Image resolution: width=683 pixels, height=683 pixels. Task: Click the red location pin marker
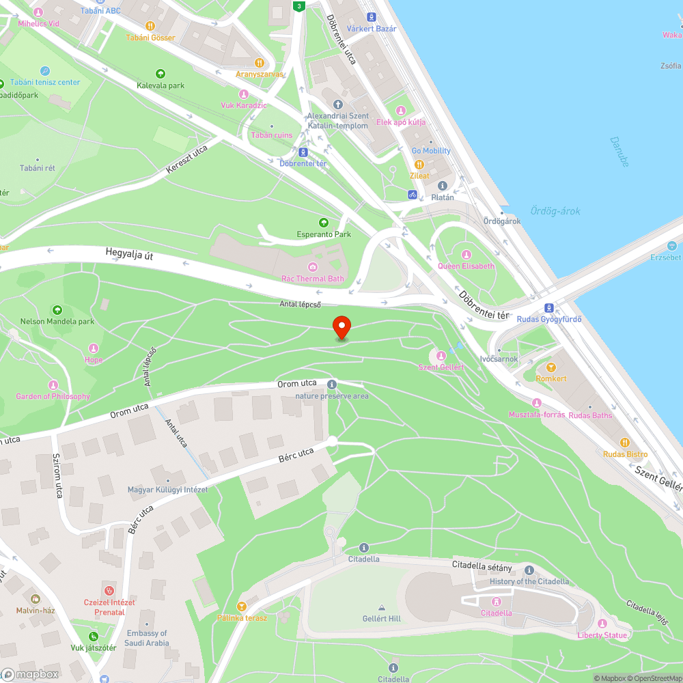coord(341,327)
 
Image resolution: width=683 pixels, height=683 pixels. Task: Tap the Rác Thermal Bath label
coord(313,278)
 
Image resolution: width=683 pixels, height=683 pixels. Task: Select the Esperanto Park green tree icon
coord(324,223)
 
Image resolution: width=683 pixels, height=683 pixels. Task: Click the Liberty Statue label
coord(602,635)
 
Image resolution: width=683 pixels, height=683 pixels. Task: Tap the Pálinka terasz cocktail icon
coord(240,606)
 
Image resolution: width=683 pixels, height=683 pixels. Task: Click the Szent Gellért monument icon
coord(441,356)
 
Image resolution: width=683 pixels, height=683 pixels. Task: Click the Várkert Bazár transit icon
coord(371,16)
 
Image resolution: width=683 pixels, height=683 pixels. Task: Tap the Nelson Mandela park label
coord(57,321)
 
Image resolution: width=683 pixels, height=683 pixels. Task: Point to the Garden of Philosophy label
coord(53,396)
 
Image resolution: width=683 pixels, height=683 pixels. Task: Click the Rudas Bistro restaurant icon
coord(624,443)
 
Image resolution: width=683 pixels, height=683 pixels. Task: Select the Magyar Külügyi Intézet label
coord(167,490)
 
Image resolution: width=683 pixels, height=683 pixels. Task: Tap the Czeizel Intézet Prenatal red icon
coord(109,590)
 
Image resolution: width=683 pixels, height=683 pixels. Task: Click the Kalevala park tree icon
coord(161,74)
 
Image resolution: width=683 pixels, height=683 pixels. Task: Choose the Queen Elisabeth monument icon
coord(466,255)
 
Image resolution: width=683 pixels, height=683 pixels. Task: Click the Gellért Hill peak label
coord(381,619)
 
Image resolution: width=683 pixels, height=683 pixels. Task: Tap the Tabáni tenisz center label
coord(45,82)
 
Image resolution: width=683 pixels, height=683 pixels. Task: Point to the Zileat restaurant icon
coord(419,165)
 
